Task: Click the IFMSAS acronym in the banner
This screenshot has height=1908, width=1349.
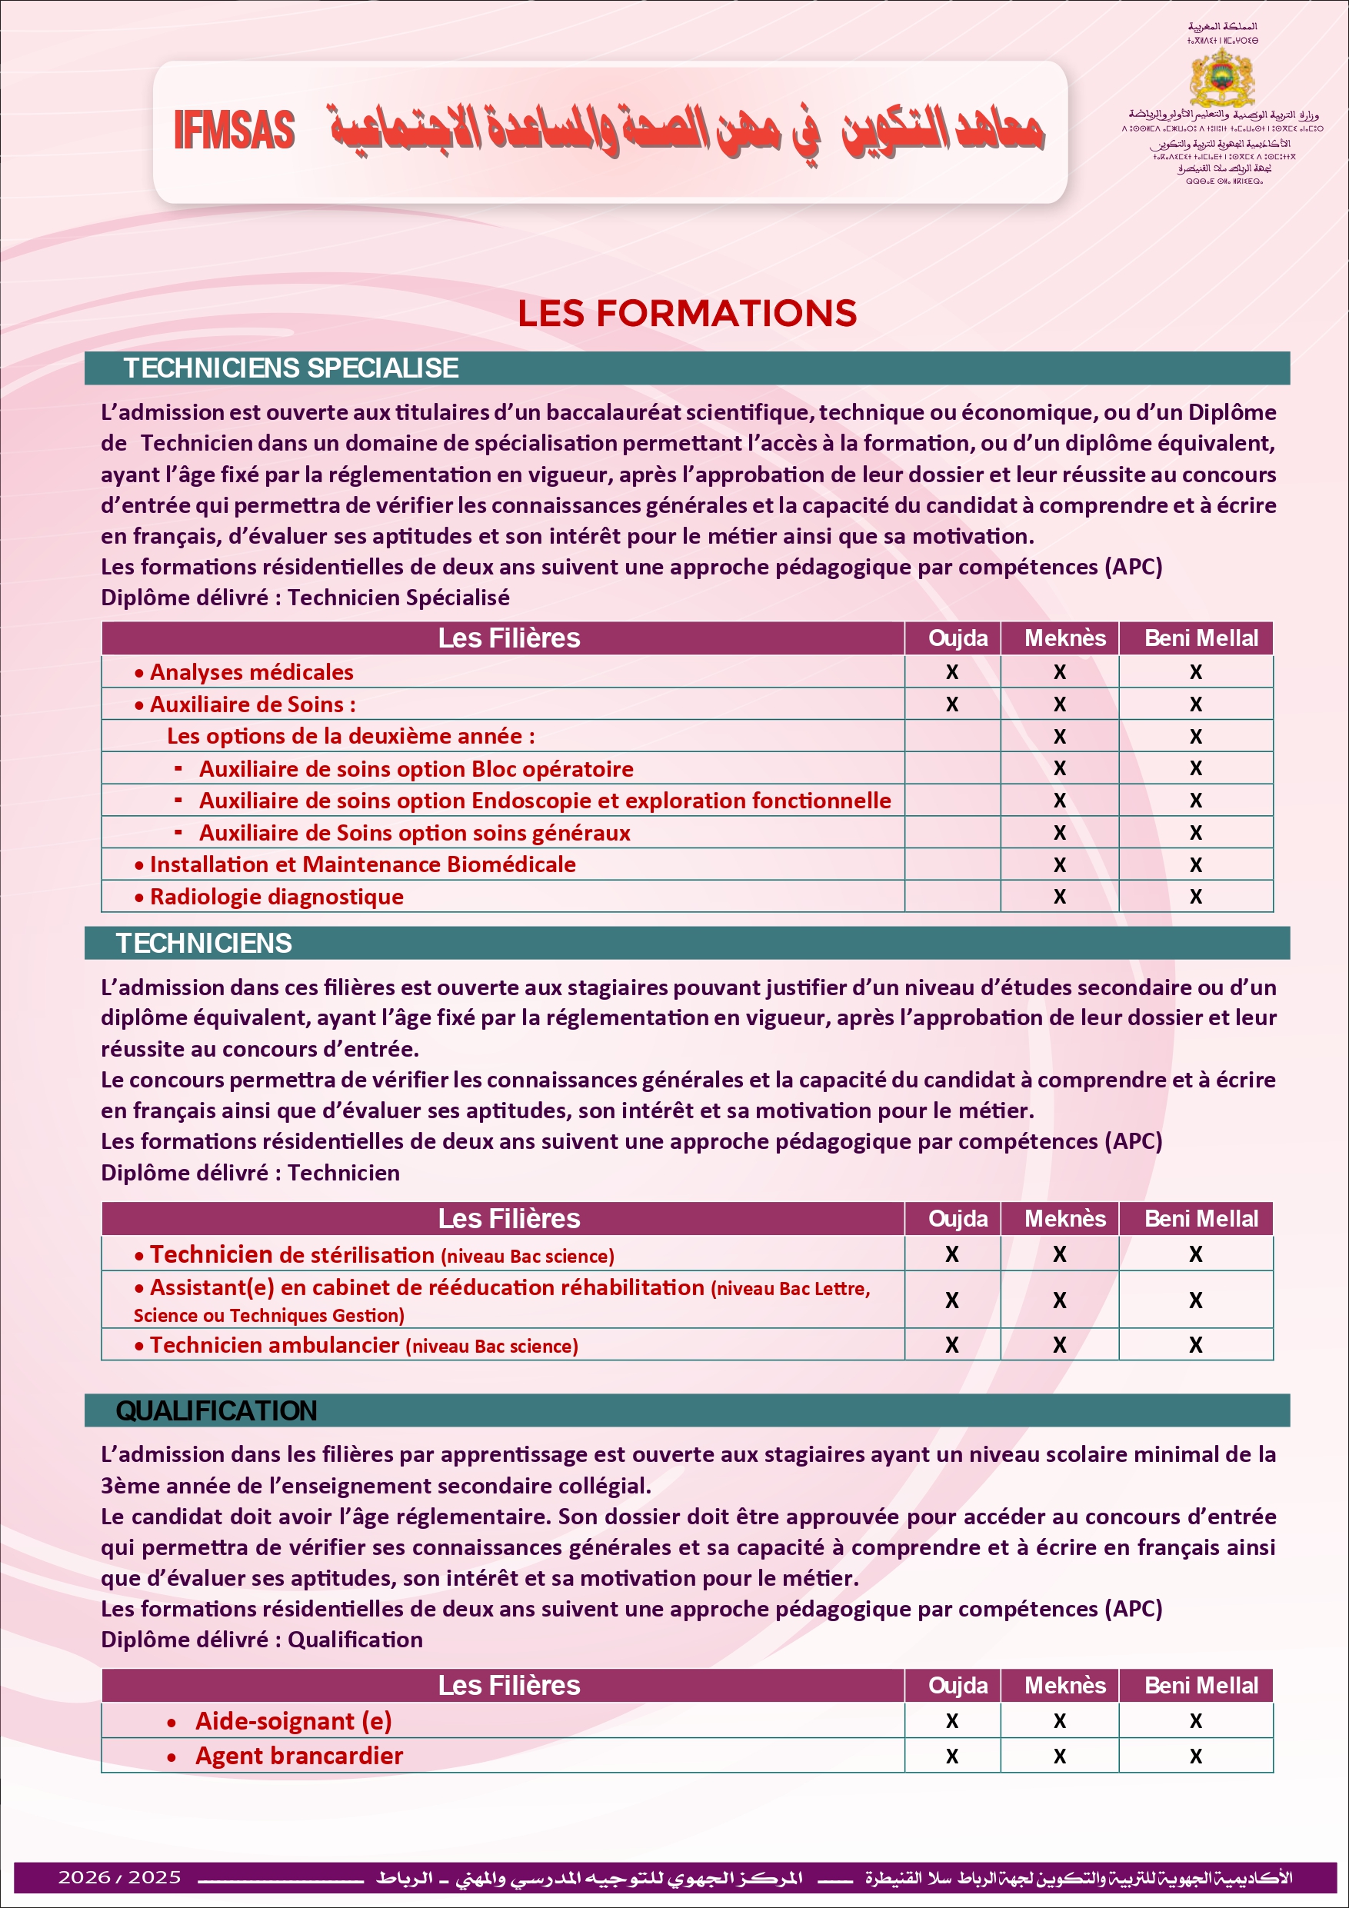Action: click(235, 131)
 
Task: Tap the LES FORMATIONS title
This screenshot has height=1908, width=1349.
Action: click(687, 314)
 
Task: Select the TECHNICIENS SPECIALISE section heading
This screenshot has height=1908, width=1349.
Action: click(291, 368)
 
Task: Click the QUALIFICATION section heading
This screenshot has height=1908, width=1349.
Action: click(216, 1410)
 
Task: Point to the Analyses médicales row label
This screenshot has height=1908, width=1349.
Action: click(251, 671)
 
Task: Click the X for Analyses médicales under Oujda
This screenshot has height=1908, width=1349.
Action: click(951, 671)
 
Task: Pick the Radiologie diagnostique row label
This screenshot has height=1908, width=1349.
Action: click(276, 897)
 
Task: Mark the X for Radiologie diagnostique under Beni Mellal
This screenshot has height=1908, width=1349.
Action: click(1195, 897)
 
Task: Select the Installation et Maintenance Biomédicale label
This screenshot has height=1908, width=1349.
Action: click(362, 864)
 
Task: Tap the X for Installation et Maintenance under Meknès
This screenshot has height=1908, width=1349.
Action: click(1059, 865)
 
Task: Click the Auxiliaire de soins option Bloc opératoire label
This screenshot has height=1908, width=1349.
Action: click(415, 769)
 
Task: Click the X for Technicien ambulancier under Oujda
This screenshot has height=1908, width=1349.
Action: click(951, 1344)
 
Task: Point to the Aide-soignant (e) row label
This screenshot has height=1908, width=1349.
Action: click(292, 1721)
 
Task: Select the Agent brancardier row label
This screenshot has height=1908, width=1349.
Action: click(298, 1756)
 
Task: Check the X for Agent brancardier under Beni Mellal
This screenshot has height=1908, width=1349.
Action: click(1195, 1756)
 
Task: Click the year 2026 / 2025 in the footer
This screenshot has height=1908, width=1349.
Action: click(119, 1877)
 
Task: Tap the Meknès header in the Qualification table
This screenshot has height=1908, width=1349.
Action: click(1064, 1685)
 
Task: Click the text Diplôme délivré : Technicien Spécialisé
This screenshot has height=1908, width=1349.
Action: click(305, 598)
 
